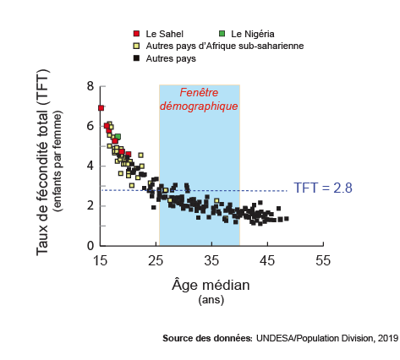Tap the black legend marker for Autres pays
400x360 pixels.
(x=137, y=58)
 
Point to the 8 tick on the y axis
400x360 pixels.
(x=90, y=86)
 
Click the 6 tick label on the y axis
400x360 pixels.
(x=90, y=126)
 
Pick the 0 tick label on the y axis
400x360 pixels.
(x=90, y=246)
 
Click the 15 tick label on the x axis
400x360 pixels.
(x=101, y=261)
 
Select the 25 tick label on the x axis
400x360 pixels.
(x=156, y=261)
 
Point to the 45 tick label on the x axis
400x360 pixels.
(x=267, y=261)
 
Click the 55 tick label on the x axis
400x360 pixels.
(x=322, y=261)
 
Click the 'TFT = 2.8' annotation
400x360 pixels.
(x=323, y=188)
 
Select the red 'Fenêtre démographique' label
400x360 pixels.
(x=200, y=100)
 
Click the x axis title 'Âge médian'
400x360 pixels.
(x=211, y=285)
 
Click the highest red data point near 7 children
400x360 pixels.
(x=101, y=108)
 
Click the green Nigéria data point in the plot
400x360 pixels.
(x=118, y=136)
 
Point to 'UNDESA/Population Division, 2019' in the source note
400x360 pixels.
(x=326, y=338)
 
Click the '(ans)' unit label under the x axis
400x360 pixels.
(x=211, y=300)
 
